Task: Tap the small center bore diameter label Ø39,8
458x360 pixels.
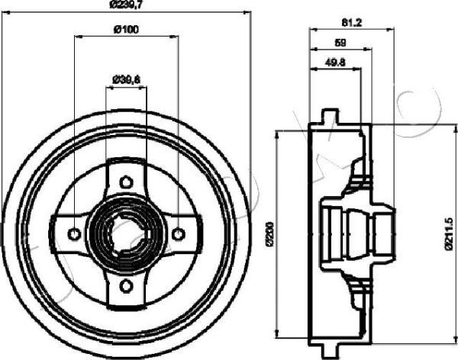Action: pyautogui.click(x=126, y=78)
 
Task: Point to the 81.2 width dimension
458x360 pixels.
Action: pyautogui.click(x=351, y=22)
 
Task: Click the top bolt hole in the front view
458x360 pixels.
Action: pyautogui.click(x=127, y=182)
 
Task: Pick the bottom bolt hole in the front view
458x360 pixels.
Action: pyautogui.click(x=127, y=286)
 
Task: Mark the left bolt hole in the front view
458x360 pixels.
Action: pyautogui.click(x=75, y=233)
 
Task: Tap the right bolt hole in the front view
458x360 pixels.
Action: pyautogui.click(x=179, y=233)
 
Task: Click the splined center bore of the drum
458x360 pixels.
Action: pyautogui.click(x=127, y=233)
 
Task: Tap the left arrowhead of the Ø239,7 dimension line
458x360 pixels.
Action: pyautogui.click(x=5, y=12)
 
